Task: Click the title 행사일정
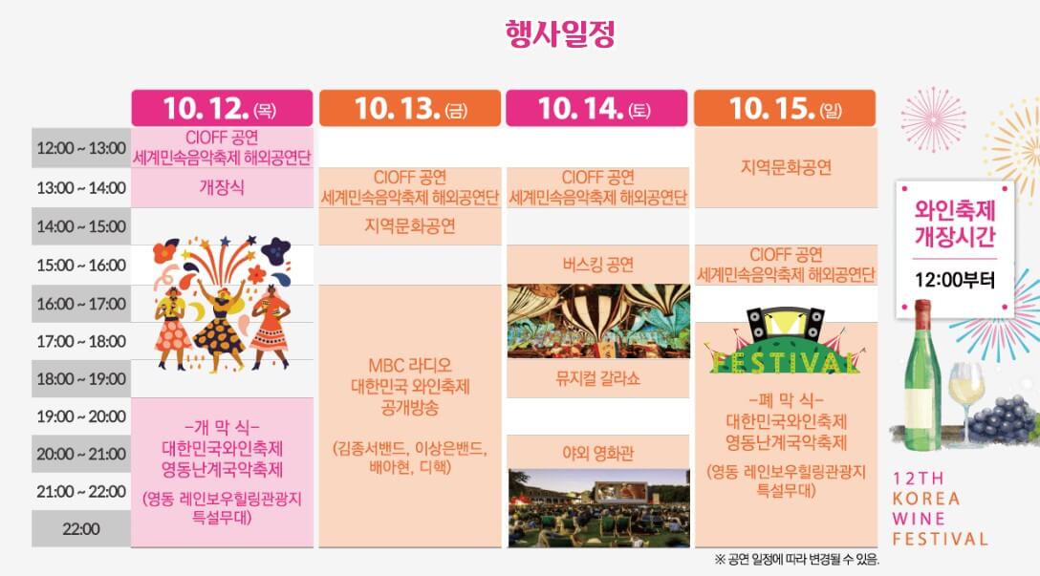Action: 559,33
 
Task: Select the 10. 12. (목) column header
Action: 221,109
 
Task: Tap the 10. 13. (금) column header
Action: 409,109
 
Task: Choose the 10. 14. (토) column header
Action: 596,109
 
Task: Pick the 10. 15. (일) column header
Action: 784,109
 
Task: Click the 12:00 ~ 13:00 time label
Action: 81,148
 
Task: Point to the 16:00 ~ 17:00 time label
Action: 81,305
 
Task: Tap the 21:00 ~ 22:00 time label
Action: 81,491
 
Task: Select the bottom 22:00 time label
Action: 81,528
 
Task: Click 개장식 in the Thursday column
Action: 222,188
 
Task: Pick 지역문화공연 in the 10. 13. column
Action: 409,226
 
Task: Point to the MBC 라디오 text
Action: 409,366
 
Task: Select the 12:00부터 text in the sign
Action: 955,281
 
